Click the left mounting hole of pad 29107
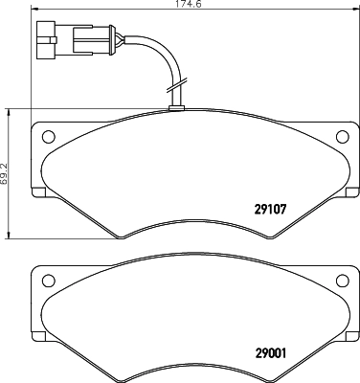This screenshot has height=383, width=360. coord(49,135)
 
